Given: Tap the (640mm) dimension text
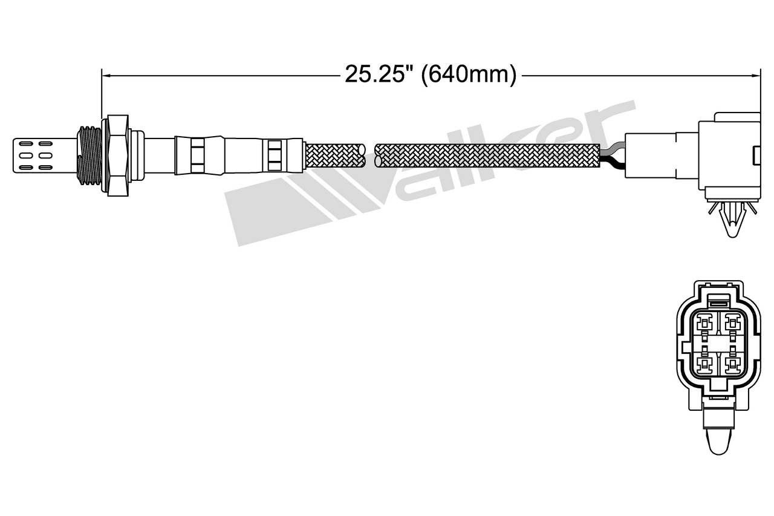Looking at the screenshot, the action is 469,74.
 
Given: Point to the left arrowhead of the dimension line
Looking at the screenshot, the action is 105,75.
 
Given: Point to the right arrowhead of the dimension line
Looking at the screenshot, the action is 756,75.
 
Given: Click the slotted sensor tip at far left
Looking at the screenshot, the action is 45,155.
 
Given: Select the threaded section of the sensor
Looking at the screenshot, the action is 89,155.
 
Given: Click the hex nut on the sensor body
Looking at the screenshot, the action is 117,155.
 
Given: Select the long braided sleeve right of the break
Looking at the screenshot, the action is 487,155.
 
